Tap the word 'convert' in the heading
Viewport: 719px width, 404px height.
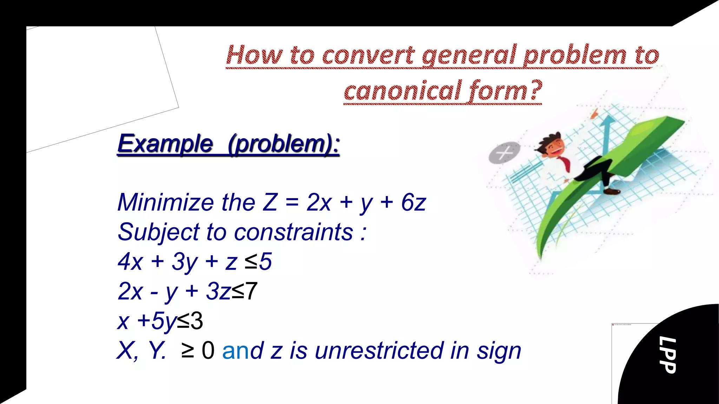(368, 55)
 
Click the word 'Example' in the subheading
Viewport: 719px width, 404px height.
(165, 143)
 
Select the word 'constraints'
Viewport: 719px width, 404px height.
(293, 232)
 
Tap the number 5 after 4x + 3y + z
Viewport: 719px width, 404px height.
(265, 262)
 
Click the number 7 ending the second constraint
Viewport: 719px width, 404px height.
(251, 291)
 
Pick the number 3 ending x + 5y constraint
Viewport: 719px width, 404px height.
(197, 321)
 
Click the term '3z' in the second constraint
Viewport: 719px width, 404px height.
(218, 291)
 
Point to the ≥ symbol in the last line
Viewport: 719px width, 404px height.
(188, 350)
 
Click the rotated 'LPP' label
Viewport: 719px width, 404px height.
(667, 355)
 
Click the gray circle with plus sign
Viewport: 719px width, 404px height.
(504, 152)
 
